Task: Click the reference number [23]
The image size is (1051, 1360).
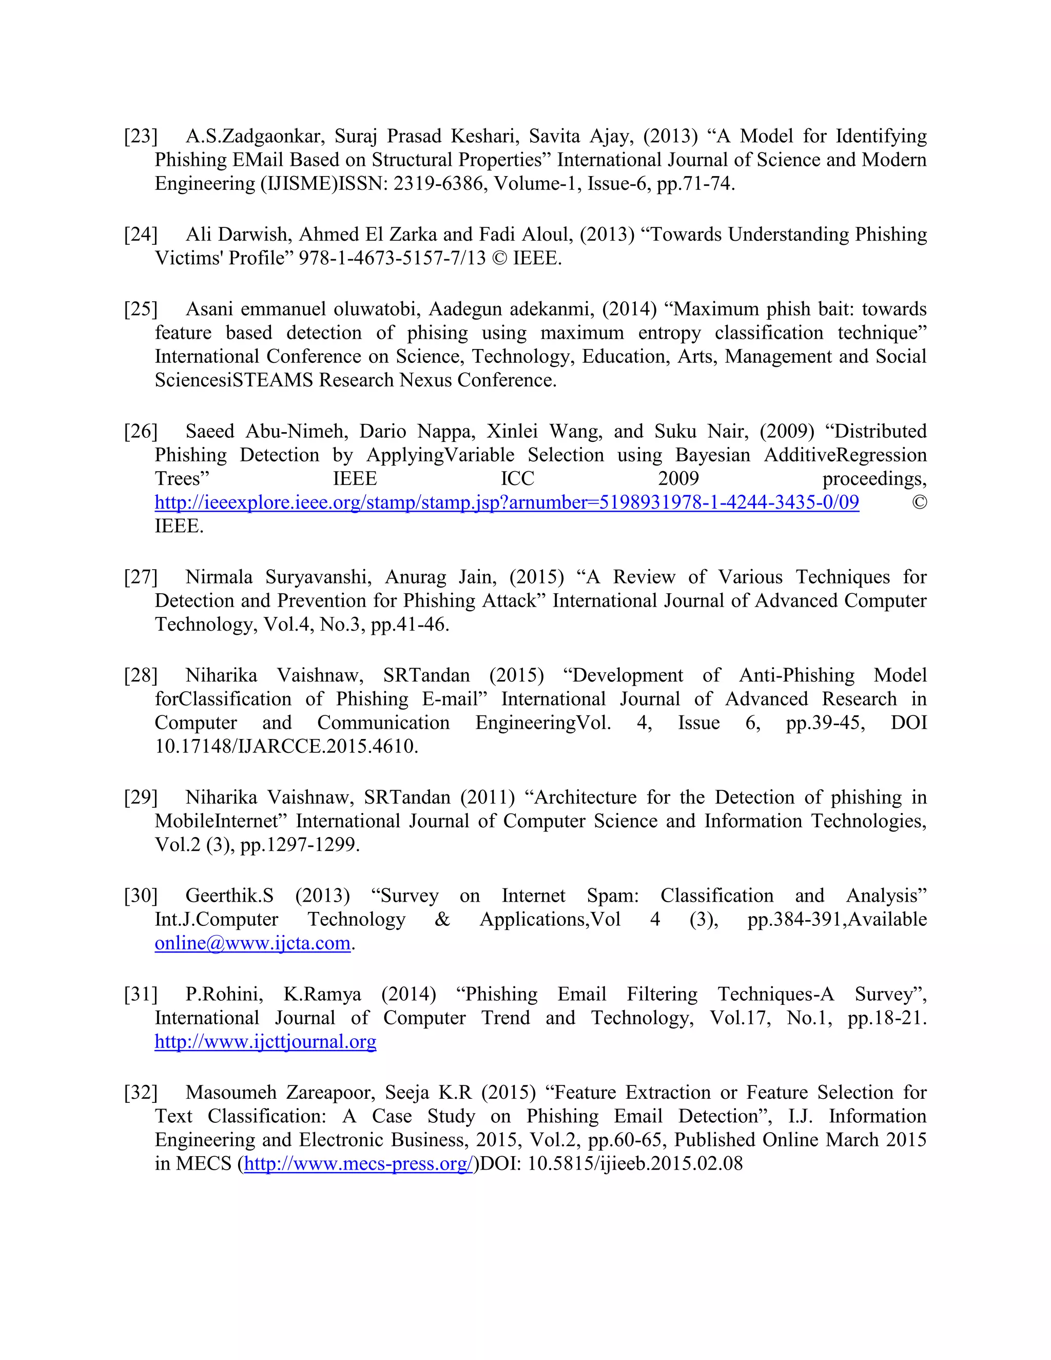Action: pos(141,136)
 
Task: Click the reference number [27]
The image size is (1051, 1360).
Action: pos(141,577)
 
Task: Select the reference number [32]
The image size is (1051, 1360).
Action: pos(141,1092)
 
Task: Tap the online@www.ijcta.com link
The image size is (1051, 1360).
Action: pos(252,943)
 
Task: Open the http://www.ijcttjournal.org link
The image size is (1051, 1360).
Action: pos(265,1041)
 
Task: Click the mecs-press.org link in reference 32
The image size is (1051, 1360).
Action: pos(359,1163)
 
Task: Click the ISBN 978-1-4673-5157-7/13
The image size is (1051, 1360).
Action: pos(392,258)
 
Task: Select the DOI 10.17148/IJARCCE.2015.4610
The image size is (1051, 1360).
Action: pos(286,746)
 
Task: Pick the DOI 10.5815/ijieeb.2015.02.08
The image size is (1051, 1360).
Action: pos(635,1163)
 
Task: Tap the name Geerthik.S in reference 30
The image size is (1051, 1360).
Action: pos(229,896)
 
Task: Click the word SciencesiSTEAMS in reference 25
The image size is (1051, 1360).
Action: pos(233,380)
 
